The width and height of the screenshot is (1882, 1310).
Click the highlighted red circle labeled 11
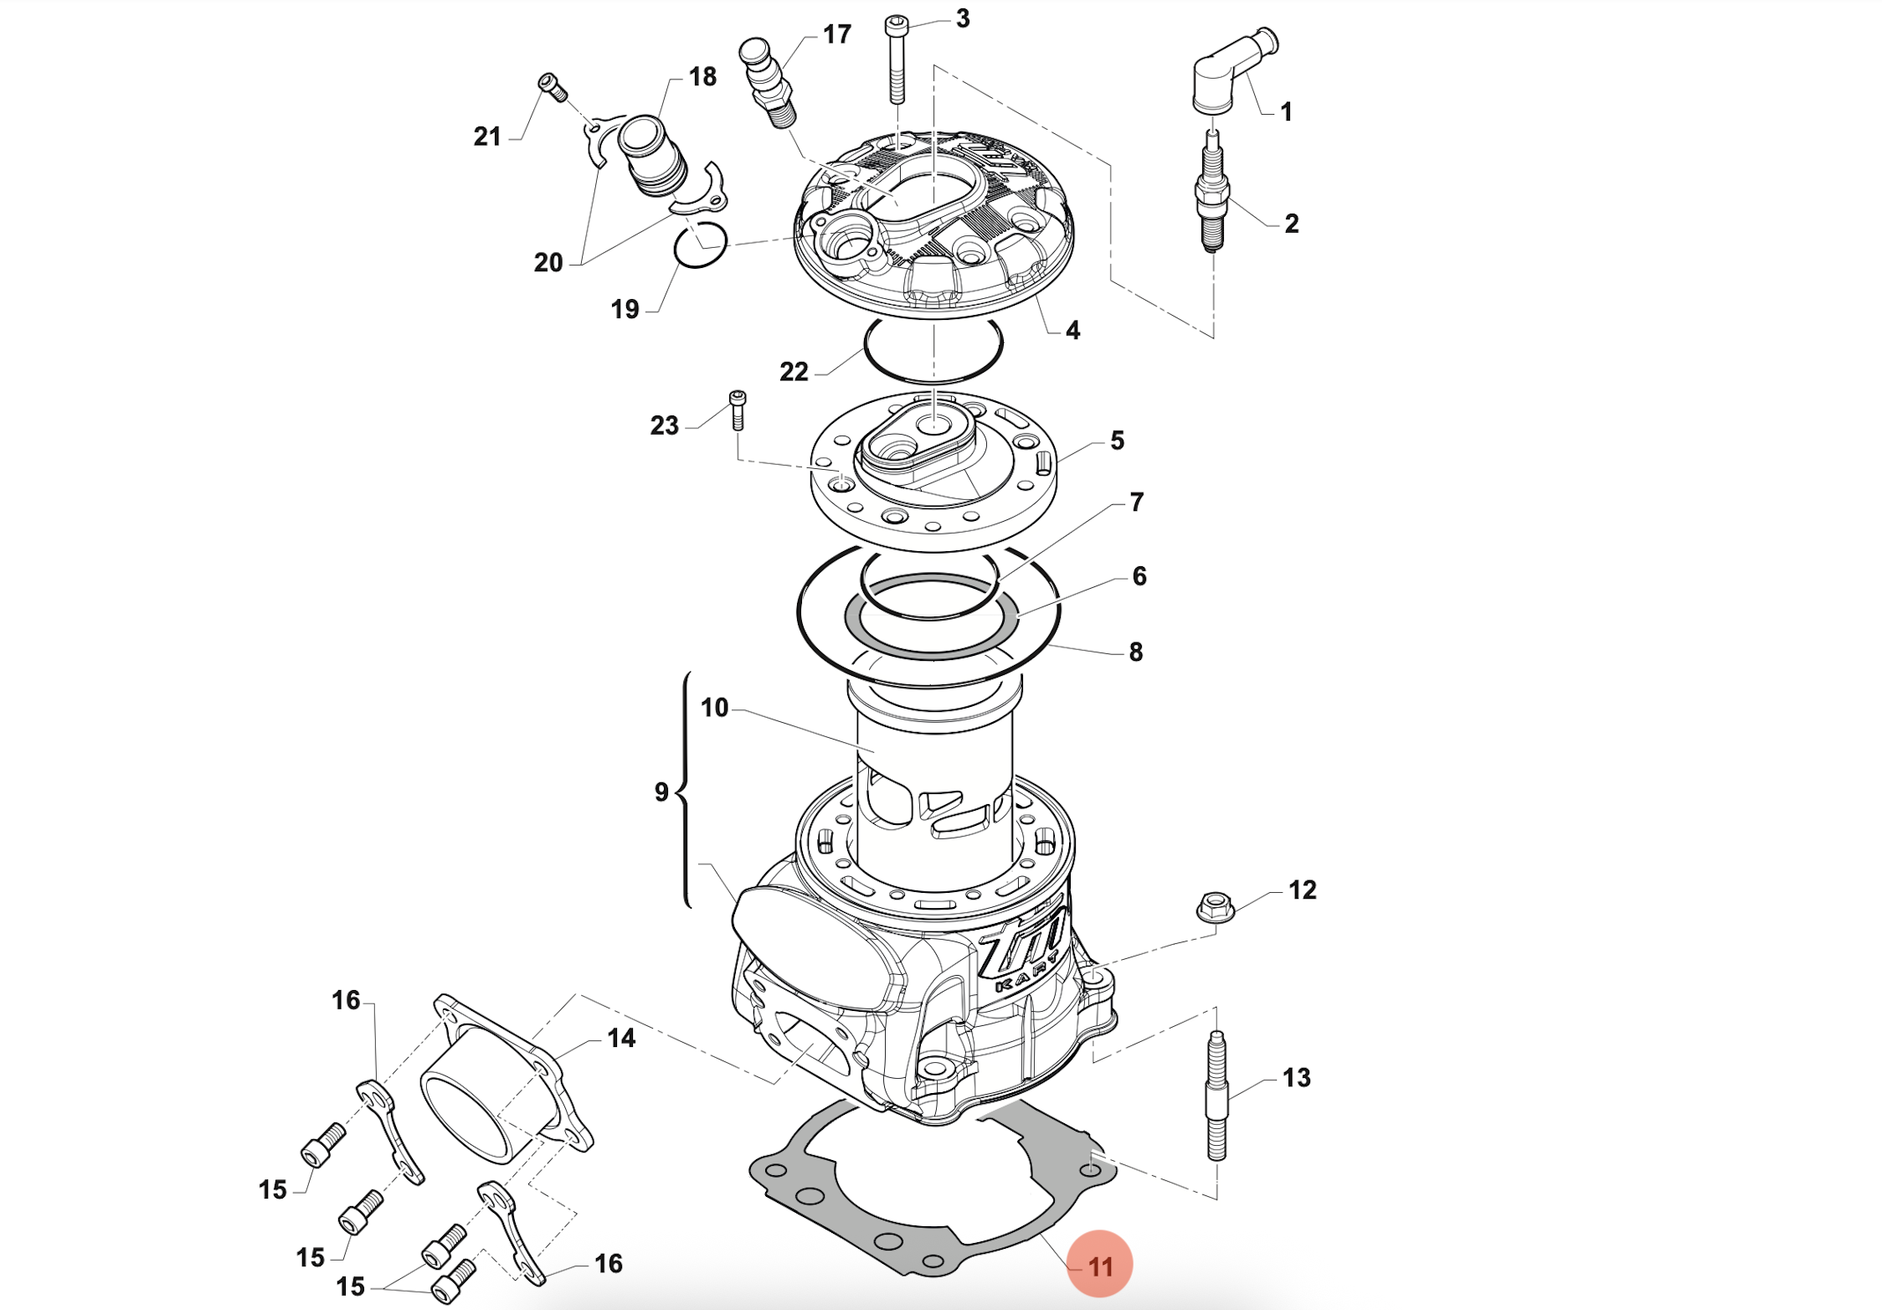tap(1099, 1265)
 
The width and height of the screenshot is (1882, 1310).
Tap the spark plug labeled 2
tap(1213, 193)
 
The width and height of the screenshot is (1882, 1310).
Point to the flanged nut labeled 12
tap(1215, 907)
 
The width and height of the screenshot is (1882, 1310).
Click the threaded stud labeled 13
tap(1216, 1097)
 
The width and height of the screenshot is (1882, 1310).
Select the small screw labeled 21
tap(553, 87)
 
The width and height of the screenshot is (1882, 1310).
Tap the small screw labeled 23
tap(738, 410)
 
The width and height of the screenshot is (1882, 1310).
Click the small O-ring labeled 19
tap(701, 245)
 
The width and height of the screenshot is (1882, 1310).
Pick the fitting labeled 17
tap(767, 80)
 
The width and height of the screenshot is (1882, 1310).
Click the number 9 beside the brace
tap(661, 792)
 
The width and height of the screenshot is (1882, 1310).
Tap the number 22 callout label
tap(794, 371)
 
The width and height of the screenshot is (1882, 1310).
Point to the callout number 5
tap(1117, 441)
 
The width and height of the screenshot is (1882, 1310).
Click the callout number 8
tap(1135, 652)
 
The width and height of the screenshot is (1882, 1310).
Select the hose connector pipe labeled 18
tap(653, 159)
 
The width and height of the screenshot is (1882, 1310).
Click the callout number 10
tap(714, 708)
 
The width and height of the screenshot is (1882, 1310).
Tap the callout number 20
tap(548, 262)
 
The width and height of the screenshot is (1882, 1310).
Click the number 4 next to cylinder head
tap(1072, 330)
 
